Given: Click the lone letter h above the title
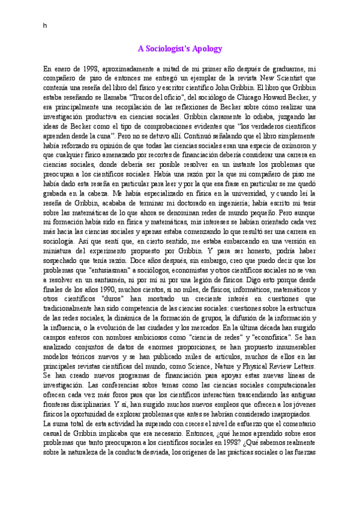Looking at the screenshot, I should pos(44,25).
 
